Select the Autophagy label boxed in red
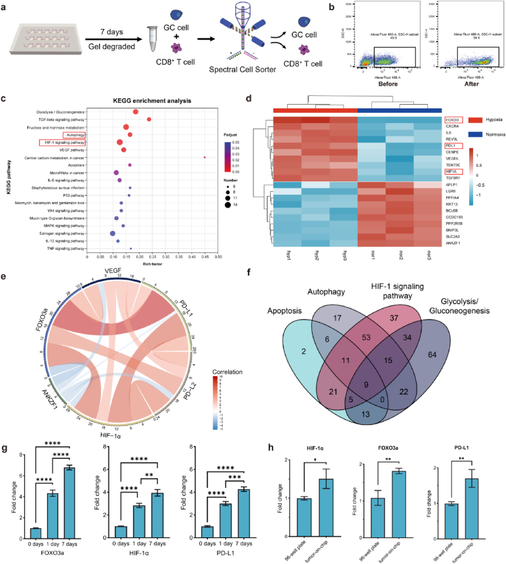coord(74,134)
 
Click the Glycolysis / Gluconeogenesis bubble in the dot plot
coord(136,112)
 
